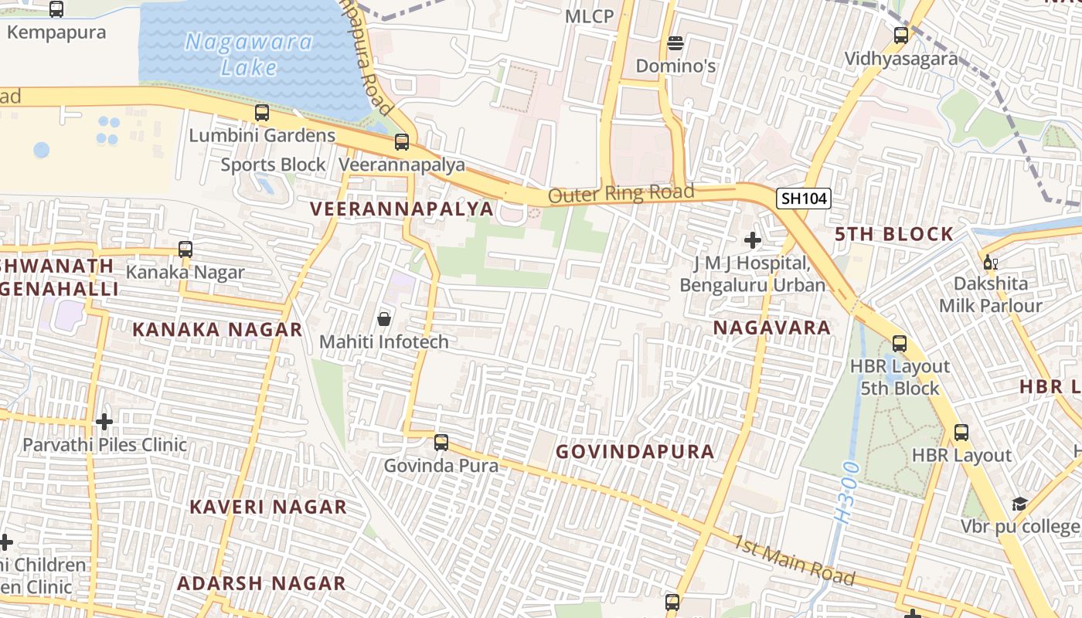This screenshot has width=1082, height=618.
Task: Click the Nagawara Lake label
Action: coord(249,54)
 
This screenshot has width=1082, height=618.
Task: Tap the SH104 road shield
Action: coord(804,199)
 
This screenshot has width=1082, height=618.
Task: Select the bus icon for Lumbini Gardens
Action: coord(262,113)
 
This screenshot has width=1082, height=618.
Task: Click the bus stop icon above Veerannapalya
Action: coord(402,142)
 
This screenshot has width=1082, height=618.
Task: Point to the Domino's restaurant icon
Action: coord(675,43)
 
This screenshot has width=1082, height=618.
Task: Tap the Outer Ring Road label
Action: coord(621,193)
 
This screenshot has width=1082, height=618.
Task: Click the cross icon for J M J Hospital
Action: coord(752,240)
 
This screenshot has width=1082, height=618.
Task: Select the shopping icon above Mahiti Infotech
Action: coord(383,318)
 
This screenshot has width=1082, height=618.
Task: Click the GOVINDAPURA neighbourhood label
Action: coord(635,452)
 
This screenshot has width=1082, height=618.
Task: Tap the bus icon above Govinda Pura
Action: coord(441,443)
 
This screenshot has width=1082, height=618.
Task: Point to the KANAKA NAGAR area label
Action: coord(217,330)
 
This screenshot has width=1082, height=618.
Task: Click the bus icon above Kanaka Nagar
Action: coord(185,250)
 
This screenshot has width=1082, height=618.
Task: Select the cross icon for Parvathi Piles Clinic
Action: coord(104,422)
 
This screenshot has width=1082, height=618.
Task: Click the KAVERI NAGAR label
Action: coord(268,508)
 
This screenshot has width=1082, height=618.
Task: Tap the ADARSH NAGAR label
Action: coord(261,583)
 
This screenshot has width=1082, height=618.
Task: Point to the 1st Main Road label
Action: coord(794,560)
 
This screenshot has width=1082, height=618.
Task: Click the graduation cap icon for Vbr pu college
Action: coord(1019,504)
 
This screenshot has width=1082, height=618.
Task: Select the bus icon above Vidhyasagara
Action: coord(900,35)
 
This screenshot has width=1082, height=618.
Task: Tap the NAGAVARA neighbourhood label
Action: coord(771,328)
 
